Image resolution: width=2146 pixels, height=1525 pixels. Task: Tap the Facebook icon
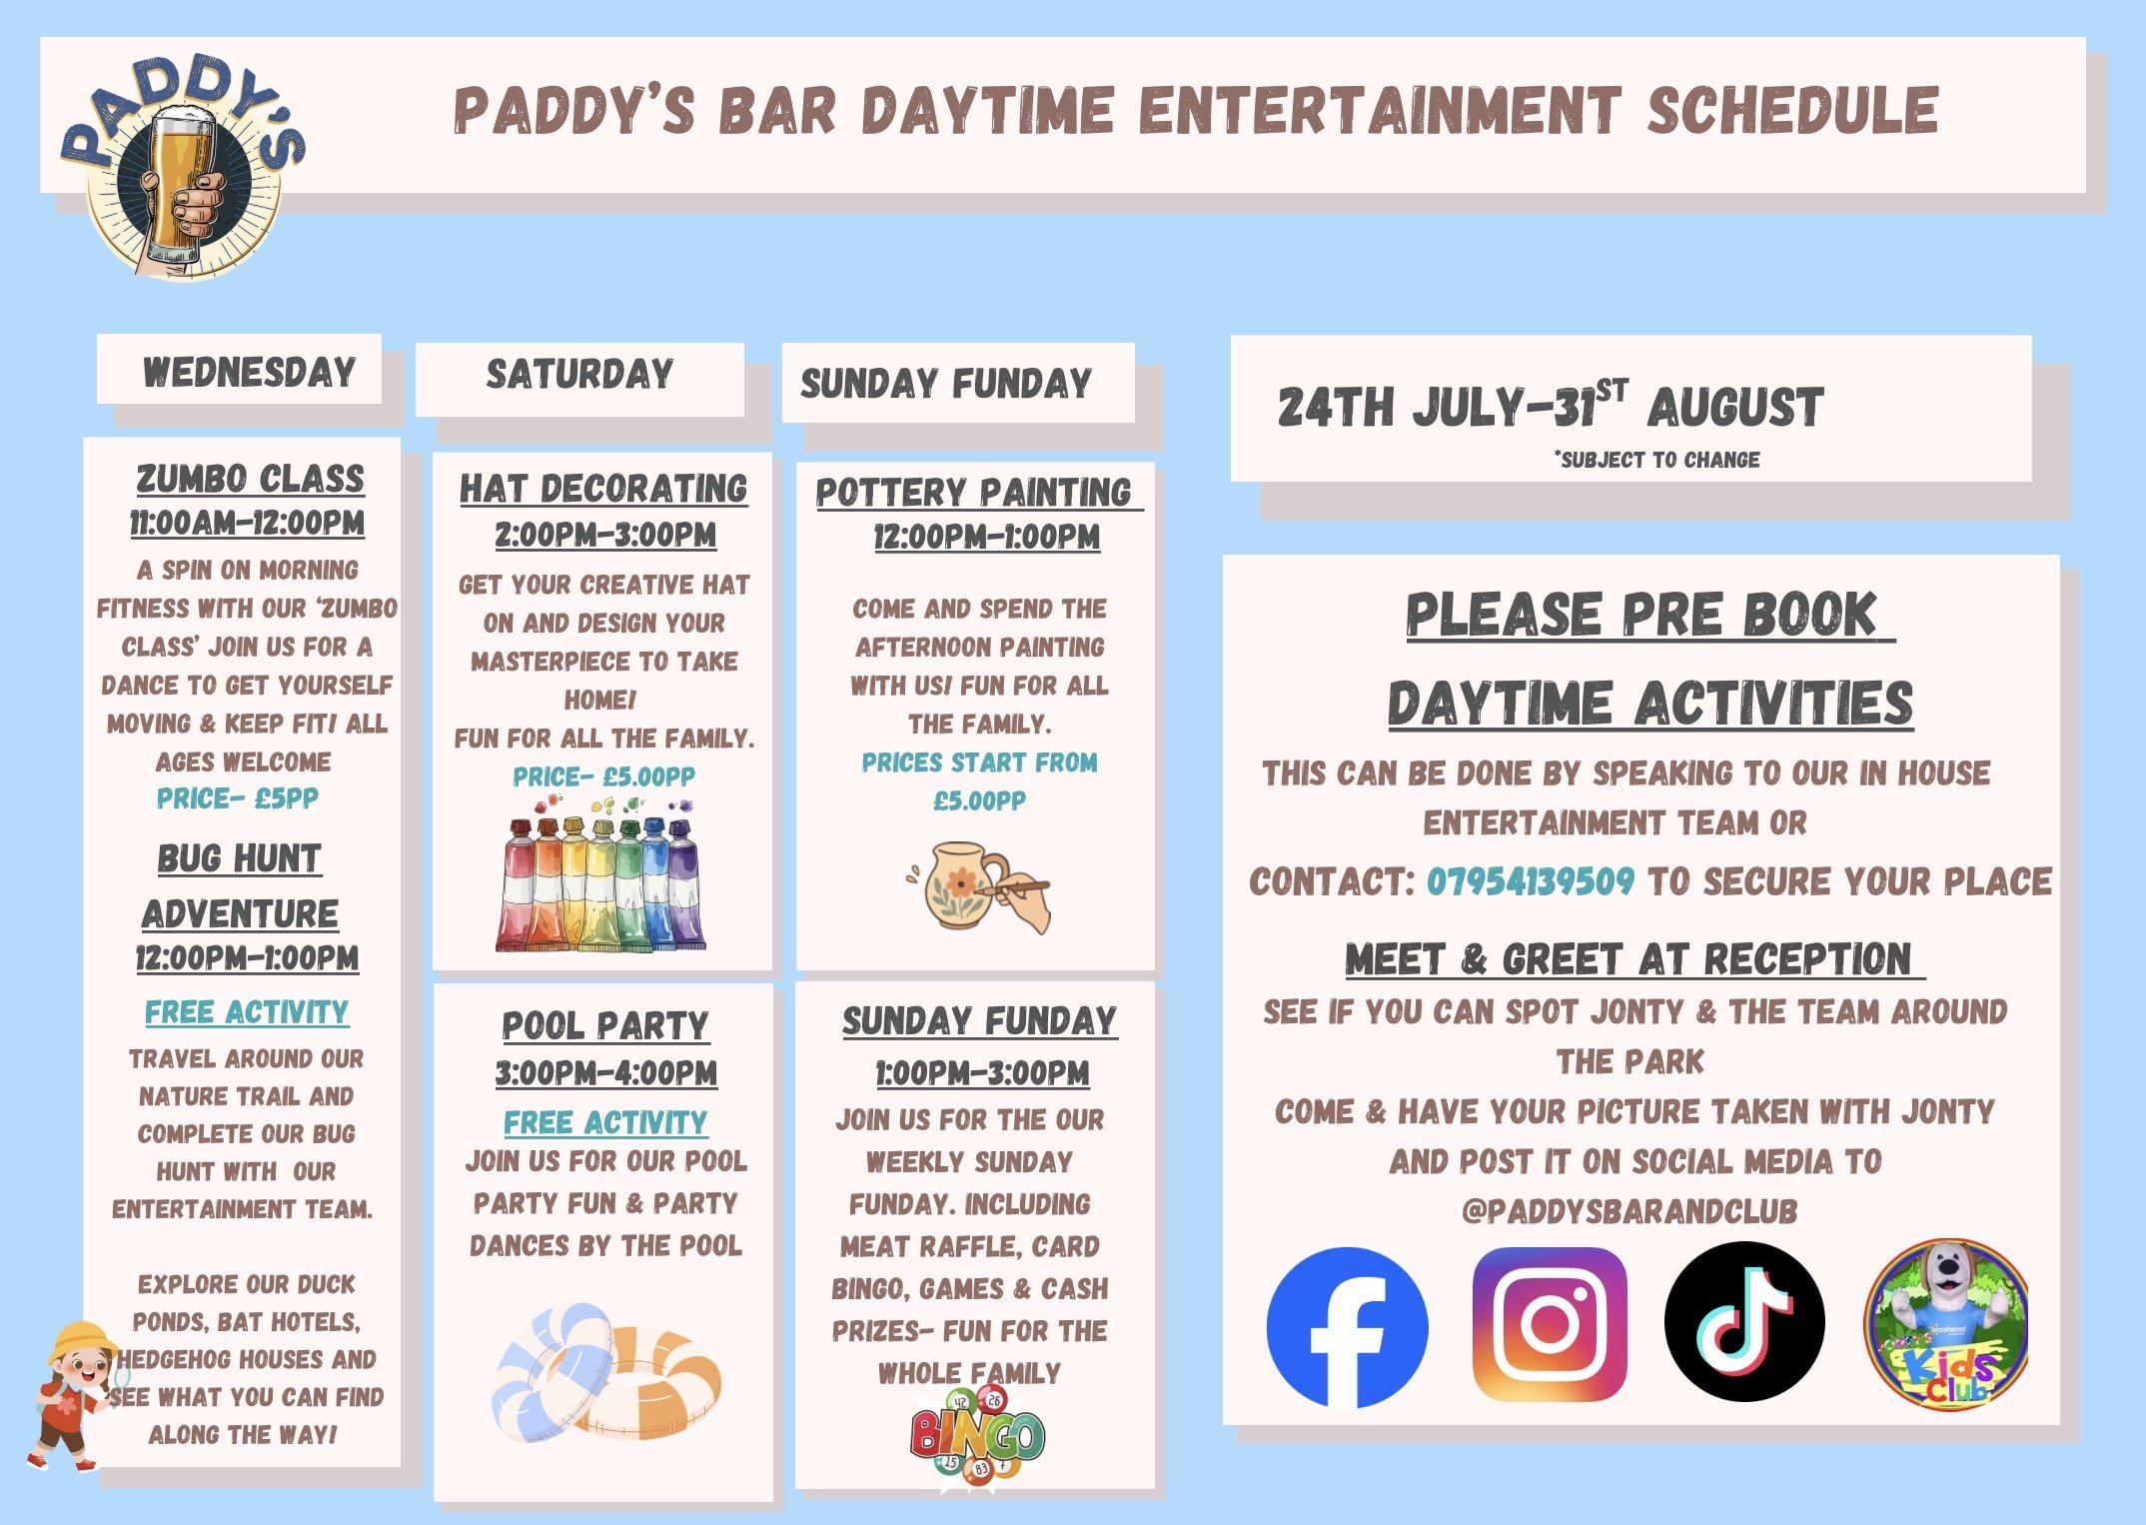(x=1347, y=1326)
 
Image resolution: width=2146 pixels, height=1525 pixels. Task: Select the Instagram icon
(x=1550, y=1324)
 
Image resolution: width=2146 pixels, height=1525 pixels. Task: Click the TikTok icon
(x=1744, y=1321)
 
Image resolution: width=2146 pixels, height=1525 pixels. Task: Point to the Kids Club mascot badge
(x=1947, y=1325)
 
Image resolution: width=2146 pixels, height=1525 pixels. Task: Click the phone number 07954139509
(x=1530, y=881)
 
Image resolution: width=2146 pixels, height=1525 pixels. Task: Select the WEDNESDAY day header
(x=250, y=372)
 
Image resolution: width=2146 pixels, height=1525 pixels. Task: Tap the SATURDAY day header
(x=579, y=375)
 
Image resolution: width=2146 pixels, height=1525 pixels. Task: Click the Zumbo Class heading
(x=250, y=479)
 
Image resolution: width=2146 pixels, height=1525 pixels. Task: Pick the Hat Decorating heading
(x=603, y=489)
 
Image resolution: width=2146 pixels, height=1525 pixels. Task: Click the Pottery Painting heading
(x=974, y=492)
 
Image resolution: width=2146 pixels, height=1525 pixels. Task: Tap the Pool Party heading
(x=605, y=1025)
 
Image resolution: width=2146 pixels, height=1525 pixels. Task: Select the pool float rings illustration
(x=606, y=1370)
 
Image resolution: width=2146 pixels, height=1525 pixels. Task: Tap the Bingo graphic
(x=976, y=1436)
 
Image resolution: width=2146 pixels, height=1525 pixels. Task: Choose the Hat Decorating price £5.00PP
(x=603, y=776)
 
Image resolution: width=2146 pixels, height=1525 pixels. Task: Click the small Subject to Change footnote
(x=1656, y=460)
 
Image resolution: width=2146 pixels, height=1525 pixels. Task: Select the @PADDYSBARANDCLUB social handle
(x=1629, y=1211)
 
